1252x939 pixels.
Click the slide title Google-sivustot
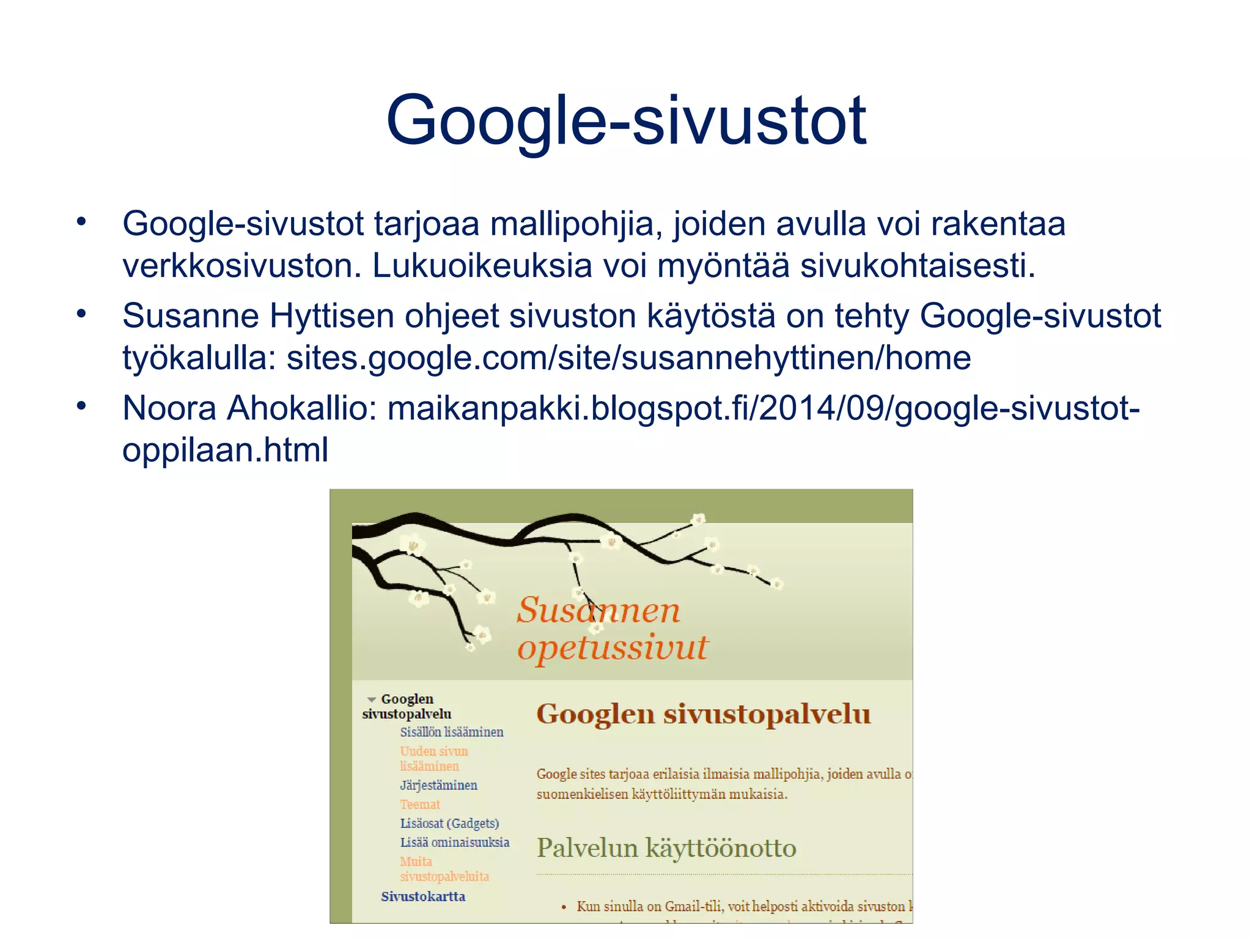click(x=626, y=120)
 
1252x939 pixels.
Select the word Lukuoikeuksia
click(x=482, y=266)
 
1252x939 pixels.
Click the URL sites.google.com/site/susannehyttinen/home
click(x=628, y=358)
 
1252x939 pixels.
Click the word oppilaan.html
click(x=225, y=450)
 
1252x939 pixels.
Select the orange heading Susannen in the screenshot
click(x=598, y=610)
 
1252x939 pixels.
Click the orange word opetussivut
click(x=612, y=647)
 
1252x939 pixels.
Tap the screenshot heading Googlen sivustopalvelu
click(x=703, y=714)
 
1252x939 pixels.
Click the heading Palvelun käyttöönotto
click(x=666, y=848)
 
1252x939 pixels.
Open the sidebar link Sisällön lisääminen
click(x=452, y=732)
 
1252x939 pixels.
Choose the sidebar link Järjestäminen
click(x=438, y=785)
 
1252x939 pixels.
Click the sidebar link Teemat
click(x=420, y=805)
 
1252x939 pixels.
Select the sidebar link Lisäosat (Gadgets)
click(x=449, y=823)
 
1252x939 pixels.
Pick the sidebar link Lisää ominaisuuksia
click(x=454, y=842)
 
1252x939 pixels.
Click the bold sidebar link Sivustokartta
click(x=423, y=896)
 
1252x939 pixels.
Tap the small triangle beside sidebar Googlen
click(x=371, y=699)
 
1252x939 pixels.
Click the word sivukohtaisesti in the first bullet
click(x=918, y=266)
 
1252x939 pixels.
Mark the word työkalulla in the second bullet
click(x=199, y=358)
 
